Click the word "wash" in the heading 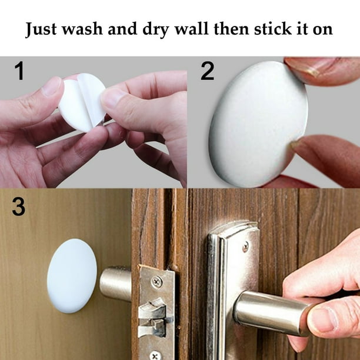[82, 29]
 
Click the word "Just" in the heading [41, 29]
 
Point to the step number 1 [19, 71]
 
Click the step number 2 [207, 71]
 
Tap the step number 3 [19, 206]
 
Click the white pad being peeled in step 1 [82, 102]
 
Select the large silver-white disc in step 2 [258, 124]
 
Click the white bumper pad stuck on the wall [72, 275]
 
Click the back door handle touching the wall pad [115, 284]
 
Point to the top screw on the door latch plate [157, 282]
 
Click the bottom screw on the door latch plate [156, 355]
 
